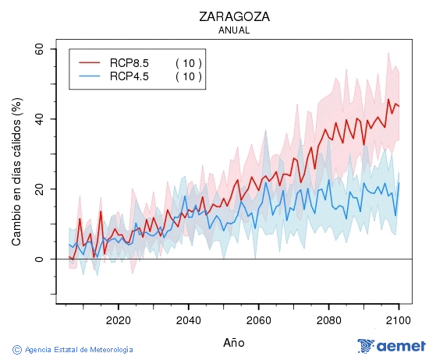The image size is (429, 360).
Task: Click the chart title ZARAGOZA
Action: tap(235, 16)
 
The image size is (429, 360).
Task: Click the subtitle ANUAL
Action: tap(235, 30)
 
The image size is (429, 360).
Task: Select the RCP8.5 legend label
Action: tap(129, 62)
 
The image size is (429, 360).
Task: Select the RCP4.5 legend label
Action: tap(129, 76)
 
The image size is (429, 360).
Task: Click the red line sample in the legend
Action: tap(90, 62)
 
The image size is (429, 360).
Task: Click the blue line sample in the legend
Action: tap(90, 76)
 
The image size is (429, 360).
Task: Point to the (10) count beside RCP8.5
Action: tap(188, 62)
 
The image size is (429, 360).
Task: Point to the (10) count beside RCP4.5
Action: tap(188, 76)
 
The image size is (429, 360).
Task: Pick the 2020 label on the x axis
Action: tap(118, 319)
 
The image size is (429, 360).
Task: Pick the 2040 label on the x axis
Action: tap(188, 319)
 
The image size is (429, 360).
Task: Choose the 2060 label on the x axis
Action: tap(258, 319)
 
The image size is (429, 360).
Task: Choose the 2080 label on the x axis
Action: tap(328, 319)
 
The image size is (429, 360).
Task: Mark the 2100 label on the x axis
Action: tap(398, 319)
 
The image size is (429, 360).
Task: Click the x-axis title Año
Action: tap(233, 342)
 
